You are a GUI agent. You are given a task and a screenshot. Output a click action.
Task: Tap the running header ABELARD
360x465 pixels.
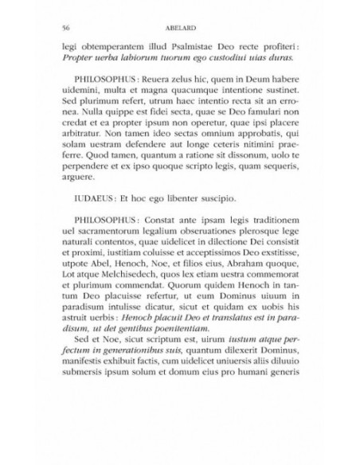pyautogui.click(x=180, y=25)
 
